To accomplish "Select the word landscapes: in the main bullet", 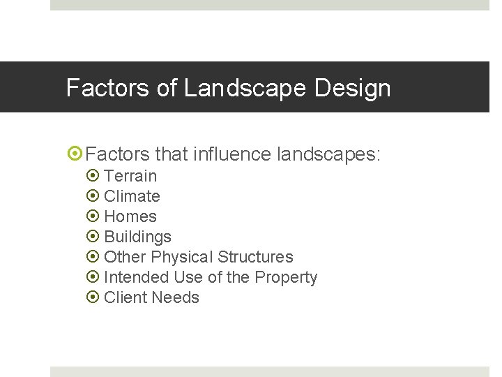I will pos(329,154).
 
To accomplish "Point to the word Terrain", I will pos(130,176).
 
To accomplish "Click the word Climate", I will pos(132,196).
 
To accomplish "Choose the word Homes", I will pos(130,216).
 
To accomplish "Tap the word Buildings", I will pos(137,237).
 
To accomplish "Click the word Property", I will pos(286,277).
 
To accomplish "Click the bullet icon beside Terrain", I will pos(93,176).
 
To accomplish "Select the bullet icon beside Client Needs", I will pos(93,297).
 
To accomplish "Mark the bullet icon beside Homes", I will pos(93,216).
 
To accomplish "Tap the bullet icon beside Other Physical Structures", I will pos(93,257).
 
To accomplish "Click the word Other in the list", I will pos(125,257).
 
